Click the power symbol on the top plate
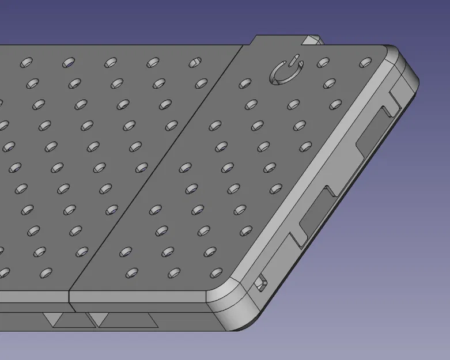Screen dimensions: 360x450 pos(285,73)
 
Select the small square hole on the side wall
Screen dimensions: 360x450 pos(262,283)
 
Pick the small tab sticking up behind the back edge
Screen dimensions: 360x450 pos(313,40)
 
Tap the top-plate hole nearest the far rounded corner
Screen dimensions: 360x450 pos(365,62)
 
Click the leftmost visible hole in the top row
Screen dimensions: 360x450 pos(26,62)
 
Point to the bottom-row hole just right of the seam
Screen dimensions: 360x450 pos(131,270)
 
